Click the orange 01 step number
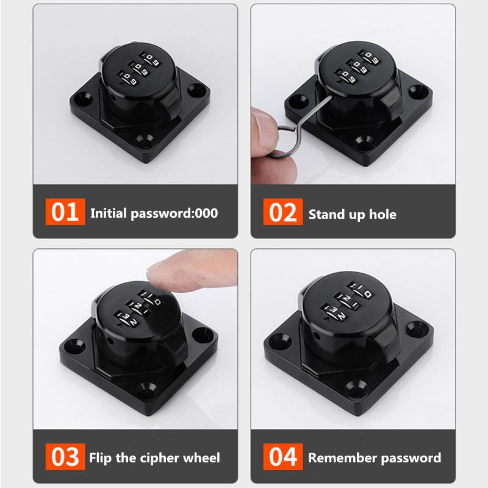click(x=65, y=213)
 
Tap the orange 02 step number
click(x=283, y=213)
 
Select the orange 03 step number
click(x=65, y=457)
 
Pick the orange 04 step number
click(x=283, y=457)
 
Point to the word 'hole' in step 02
click(x=382, y=214)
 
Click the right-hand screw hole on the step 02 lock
click(x=416, y=92)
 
